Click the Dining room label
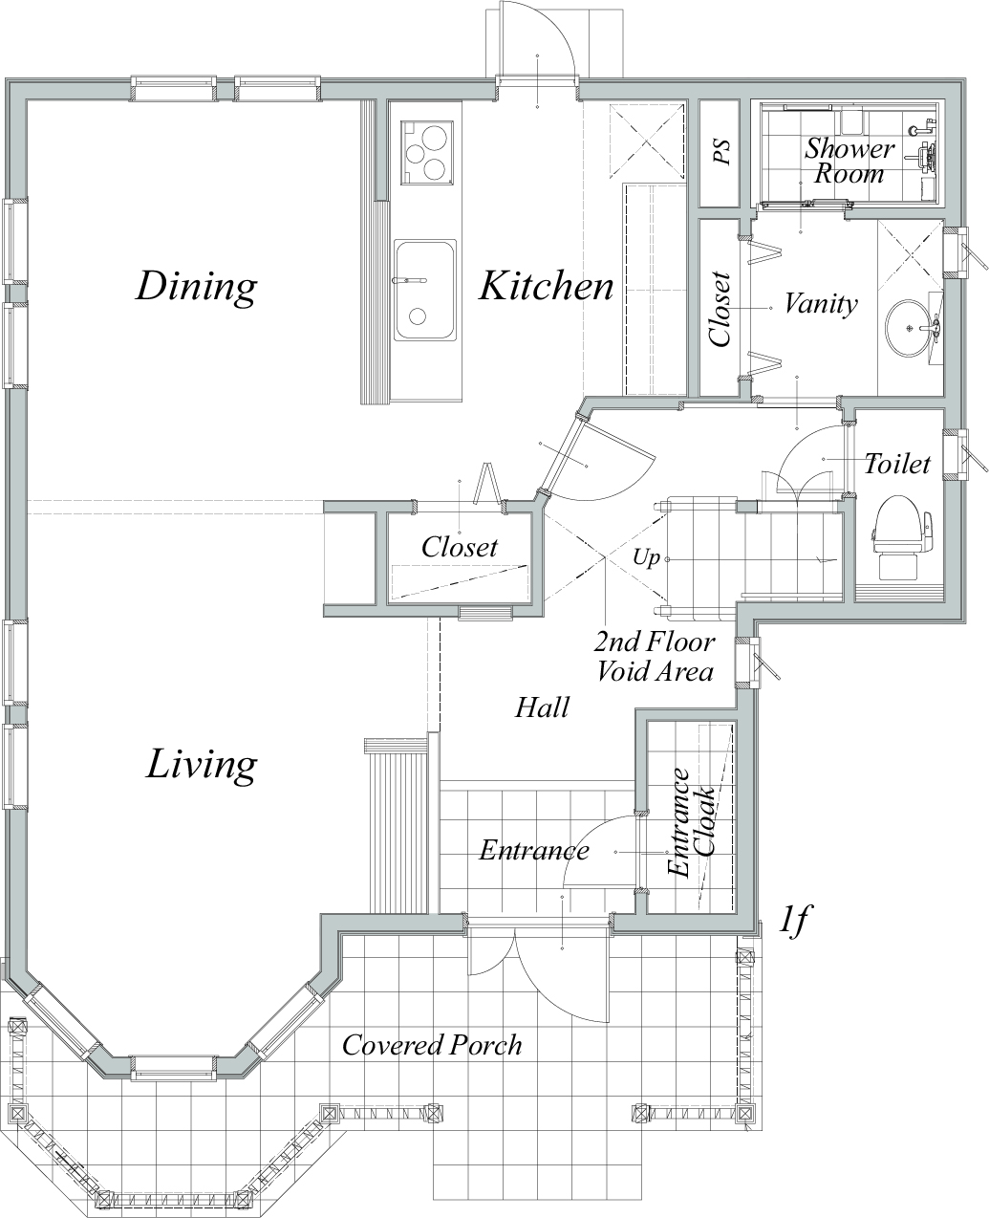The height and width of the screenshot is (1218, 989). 196,287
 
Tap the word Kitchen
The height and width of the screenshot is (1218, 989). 547,286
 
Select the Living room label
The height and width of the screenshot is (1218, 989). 201,766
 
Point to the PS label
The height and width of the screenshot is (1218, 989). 722,152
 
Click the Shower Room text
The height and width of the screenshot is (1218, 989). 849,162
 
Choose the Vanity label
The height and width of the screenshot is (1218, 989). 821,304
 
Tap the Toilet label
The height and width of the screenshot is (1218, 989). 897,464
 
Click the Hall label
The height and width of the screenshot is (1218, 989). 542,707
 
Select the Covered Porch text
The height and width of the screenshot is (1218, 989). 432,1045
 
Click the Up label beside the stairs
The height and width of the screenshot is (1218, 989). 646,557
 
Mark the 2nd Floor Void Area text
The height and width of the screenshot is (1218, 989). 655,657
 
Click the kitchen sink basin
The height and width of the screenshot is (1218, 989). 425,290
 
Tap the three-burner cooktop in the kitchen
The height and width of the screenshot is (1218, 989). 427,153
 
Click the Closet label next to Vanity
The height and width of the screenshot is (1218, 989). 720,310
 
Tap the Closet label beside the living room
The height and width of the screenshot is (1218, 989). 460,547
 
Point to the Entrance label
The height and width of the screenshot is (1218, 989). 534,850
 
